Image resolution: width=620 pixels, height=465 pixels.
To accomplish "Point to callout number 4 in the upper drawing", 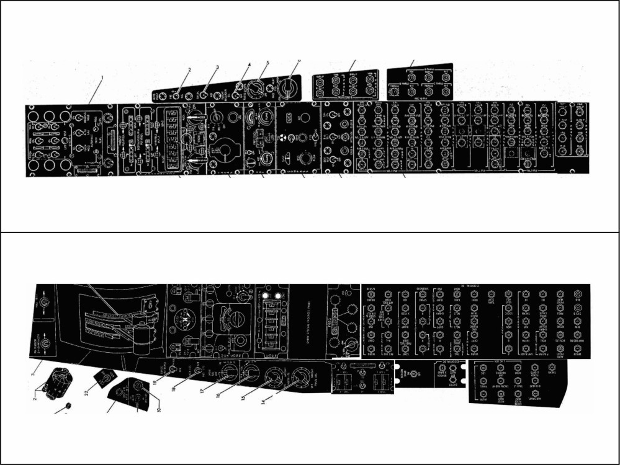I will click(249, 64).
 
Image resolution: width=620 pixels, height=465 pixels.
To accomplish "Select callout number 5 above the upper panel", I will click(267, 63).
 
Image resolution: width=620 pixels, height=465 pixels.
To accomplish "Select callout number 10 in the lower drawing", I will click(158, 409).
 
